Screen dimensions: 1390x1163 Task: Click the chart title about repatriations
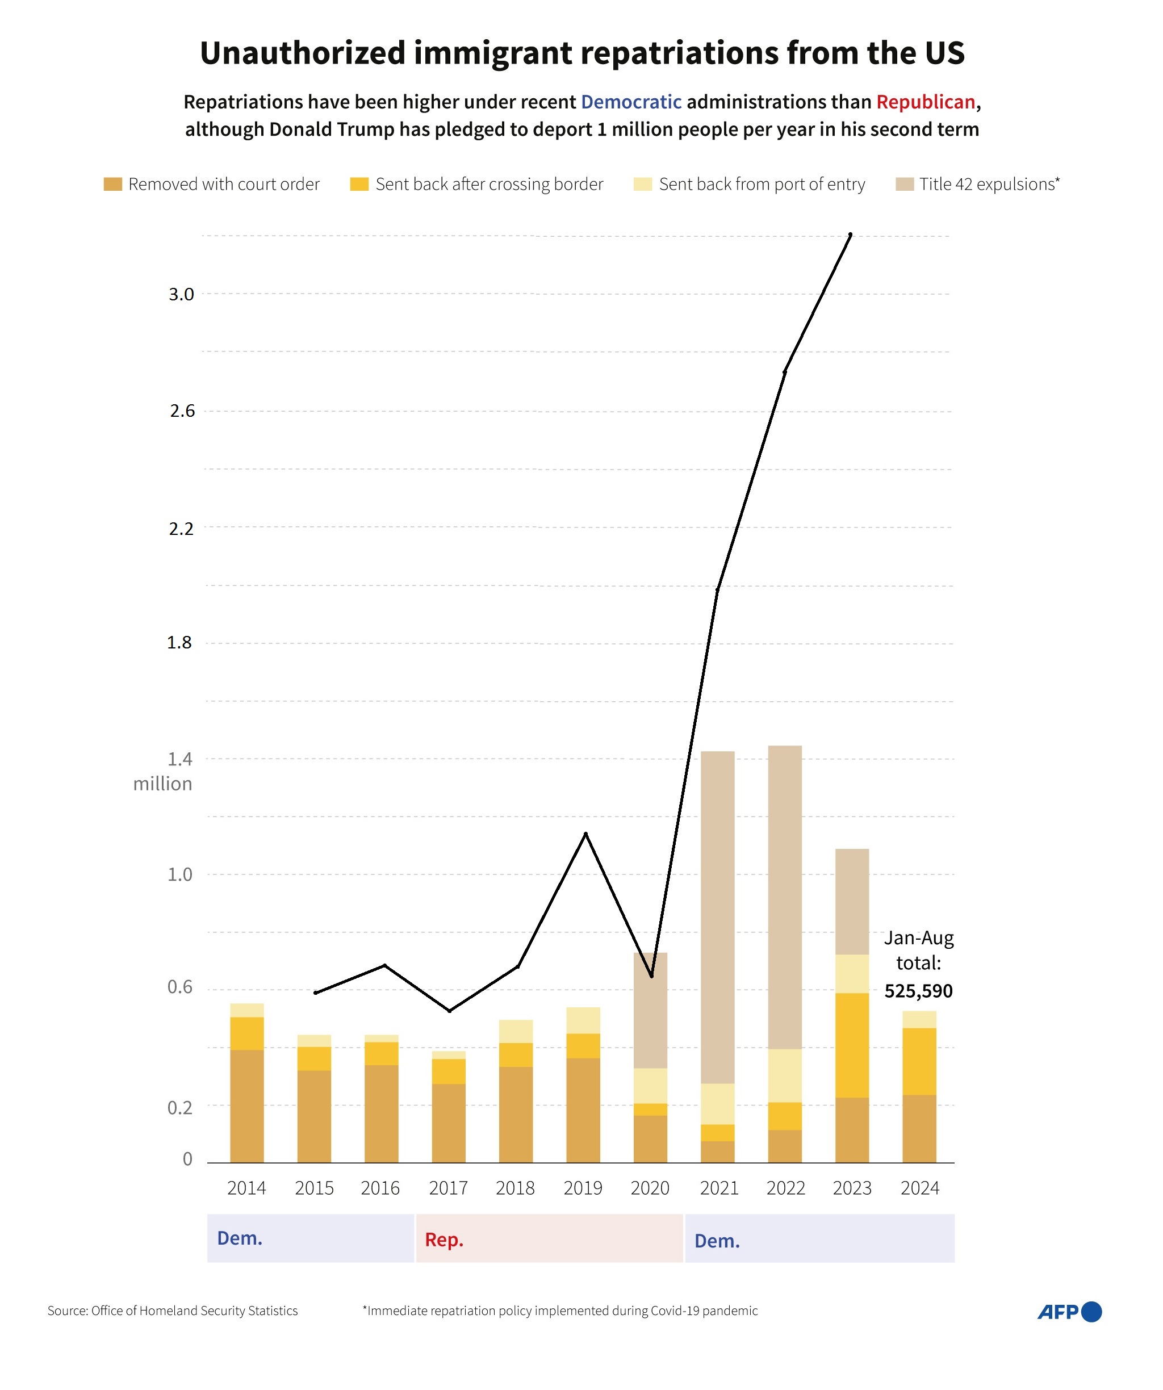pyautogui.click(x=582, y=53)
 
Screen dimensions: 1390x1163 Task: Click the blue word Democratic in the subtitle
pyautogui.click(x=631, y=102)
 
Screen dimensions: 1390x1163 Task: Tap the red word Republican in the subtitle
pyautogui.click(x=926, y=102)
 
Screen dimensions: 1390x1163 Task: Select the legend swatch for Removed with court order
pyautogui.click(x=113, y=184)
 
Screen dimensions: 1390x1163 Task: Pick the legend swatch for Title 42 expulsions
pyautogui.click(x=904, y=184)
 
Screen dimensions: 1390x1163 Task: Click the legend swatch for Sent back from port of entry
pyautogui.click(x=642, y=184)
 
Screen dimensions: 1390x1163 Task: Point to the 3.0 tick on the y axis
pyautogui.click(x=181, y=295)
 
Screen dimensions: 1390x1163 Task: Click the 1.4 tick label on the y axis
pyautogui.click(x=180, y=759)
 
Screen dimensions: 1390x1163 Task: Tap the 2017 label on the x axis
pyautogui.click(x=448, y=1188)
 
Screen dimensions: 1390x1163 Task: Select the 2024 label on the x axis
pyautogui.click(x=919, y=1188)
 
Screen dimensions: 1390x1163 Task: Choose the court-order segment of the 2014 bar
pyautogui.click(x=247, y=1106)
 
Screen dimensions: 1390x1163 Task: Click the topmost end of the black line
pyautogui.click(x=851, y=235)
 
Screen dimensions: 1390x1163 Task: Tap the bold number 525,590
pyautogui.click(x=918, y=991)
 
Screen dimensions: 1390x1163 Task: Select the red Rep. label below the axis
pyautogui.click(x=444, y=1240)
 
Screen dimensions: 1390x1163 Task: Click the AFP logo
pyautogui.click(x=1068, y=1311)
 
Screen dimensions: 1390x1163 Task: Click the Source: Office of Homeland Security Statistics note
pyautogui.click(x=173, y=1311)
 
